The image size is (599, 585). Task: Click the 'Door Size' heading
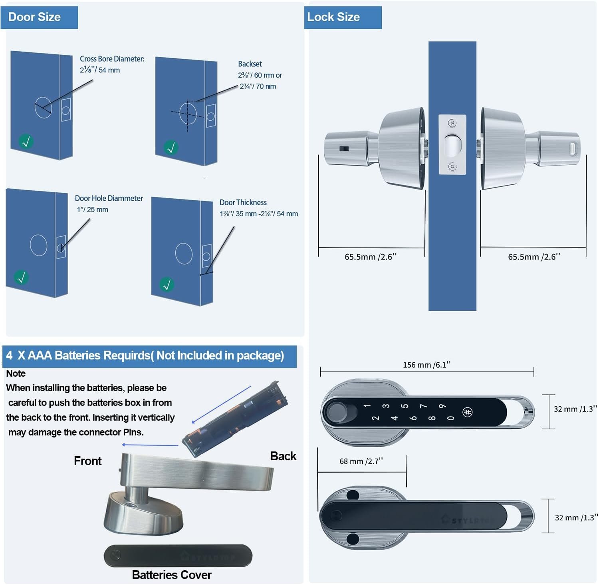(34, 17)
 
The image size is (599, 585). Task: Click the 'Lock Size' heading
(333, 17)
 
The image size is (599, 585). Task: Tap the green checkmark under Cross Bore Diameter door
(26, 142)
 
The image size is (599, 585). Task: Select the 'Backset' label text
(250, 64)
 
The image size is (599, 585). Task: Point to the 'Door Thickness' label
(243, 202)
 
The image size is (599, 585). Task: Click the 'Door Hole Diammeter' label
(109, 198)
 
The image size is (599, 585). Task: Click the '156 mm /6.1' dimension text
(426, 365)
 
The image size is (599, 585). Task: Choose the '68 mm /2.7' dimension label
(361, 461)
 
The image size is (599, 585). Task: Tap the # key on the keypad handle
(467, 412)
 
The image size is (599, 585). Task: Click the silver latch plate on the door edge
(452, 145)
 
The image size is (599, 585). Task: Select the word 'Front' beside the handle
(88, 461)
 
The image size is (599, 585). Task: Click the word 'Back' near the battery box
(283, 456)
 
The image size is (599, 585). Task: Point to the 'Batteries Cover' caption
(172, 575)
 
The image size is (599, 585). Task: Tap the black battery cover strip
(178, 555)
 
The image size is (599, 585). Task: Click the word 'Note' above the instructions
(16, 373)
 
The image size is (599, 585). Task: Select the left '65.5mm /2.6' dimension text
(371, 257)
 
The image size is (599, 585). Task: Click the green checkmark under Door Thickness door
(167, 285)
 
